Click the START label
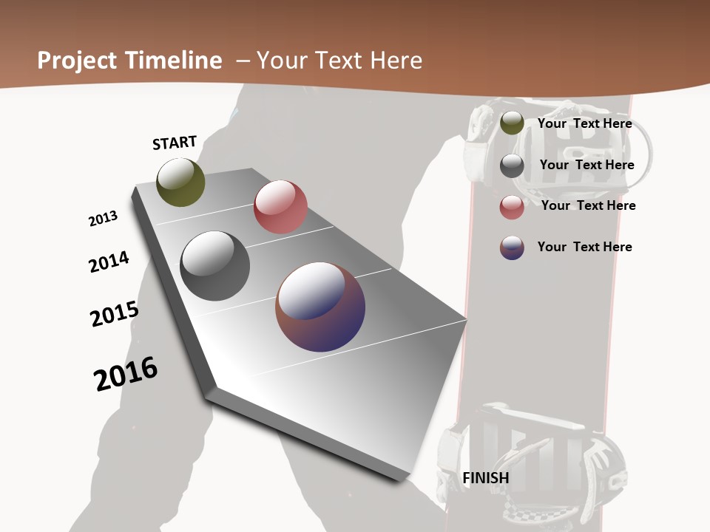175,143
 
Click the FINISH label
486,478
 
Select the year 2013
103,219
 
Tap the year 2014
109,262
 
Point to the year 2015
114,313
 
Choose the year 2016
126,374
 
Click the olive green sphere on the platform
180,182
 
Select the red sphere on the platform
280,207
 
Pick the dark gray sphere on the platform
215,266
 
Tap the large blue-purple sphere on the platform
320,307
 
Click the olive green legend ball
512,123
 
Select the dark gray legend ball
512,166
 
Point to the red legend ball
512,207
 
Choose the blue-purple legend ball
512,248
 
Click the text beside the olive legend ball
584,123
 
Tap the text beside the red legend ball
588,205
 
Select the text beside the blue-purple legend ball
584,247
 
